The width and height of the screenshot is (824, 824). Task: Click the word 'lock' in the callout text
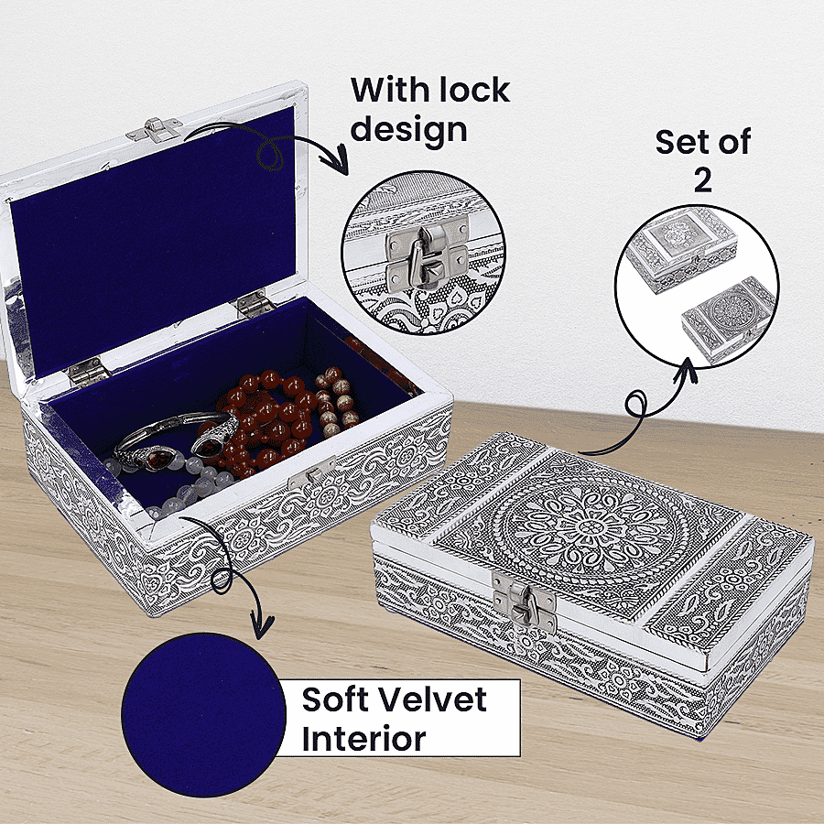click(465, 90)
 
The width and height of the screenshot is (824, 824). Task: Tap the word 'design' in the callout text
click(409, 127)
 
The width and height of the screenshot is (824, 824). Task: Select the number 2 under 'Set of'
click(702, 179)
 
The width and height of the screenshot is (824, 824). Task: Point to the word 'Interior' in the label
click(363, 738)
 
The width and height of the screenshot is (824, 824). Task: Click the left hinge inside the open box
click(88, 371)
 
